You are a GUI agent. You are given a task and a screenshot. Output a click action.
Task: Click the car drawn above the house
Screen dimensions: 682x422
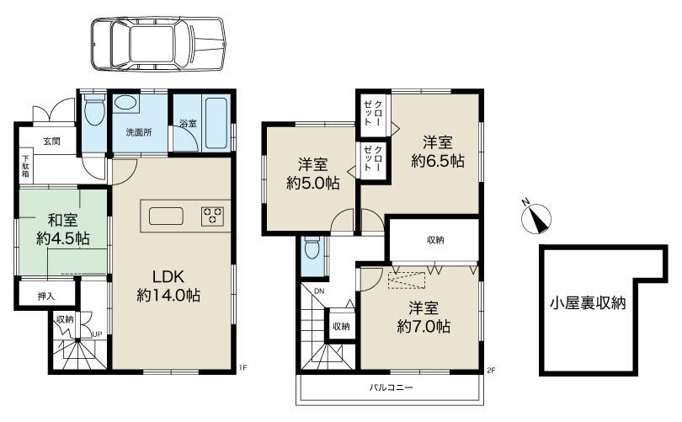[x=158, y=45]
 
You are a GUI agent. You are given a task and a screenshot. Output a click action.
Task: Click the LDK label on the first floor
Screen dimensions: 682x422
[x=168, y=276]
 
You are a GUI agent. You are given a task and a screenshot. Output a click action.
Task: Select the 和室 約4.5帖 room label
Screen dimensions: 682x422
[x=63, y=229]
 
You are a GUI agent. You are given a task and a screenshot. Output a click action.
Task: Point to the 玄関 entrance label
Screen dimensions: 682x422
[x=51, y=142]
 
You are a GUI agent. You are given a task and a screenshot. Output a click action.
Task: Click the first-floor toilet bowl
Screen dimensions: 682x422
[x=93, y=110]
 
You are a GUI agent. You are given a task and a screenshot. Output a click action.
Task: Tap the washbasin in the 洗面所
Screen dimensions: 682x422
[x=126, y=104]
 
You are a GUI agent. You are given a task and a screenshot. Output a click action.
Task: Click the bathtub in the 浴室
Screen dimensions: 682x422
[x=216, y=123]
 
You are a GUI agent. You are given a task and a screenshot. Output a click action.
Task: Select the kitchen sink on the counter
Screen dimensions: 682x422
[x=166, y=216]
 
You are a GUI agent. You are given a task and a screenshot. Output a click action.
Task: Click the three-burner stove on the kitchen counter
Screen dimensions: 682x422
[x=213, y=216]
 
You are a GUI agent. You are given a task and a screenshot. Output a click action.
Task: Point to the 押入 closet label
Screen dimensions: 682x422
[x=46, y=296]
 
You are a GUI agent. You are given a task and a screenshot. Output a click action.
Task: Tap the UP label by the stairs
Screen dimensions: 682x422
[x=97, y=334]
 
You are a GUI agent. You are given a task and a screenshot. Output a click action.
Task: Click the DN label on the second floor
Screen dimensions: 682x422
[x=319, y=291]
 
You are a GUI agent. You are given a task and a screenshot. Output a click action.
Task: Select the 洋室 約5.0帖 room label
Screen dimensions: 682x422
[x=312, y=174]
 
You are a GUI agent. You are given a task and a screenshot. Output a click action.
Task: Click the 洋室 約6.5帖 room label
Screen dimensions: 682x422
[x=438, y=152]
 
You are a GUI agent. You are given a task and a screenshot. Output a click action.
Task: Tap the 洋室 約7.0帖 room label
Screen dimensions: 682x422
[x=424, y=318]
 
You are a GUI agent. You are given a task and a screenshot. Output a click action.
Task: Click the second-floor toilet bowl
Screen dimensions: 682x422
[x=312, y=248]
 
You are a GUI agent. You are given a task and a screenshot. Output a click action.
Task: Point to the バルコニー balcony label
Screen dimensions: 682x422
[x=391, y=387]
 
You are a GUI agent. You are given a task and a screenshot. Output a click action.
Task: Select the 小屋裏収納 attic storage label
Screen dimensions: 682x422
[x=588, y=302]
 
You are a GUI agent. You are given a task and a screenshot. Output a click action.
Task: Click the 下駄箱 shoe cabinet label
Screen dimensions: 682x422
[x=25, y=167]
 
